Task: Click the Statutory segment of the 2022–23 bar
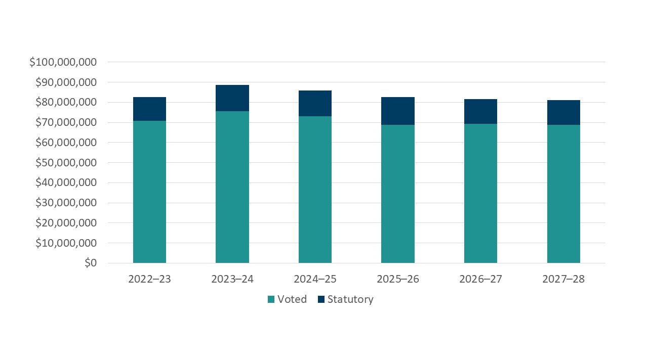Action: [x=149, y=109]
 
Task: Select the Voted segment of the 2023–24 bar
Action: [x=232, y=187]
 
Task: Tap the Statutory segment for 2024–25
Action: [x=315, y=103]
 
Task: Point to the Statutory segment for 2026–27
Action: [x=480, y=111]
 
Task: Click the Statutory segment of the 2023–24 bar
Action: [x=232, y=98]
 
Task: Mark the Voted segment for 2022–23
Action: [x=149, y=192]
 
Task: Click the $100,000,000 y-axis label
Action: [x=63, y=62]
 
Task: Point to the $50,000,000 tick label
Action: [x=65, y=163]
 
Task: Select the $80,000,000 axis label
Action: [x=65, y=103]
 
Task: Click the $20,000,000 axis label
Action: [x=65, y=223]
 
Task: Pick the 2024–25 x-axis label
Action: [x=315, y=279]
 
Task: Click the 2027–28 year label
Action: [x=563, y=279]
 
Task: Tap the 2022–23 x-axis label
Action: [x=149, y=279]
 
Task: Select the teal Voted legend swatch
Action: [x=271, y=299]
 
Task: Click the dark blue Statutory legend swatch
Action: [x=321, y=299]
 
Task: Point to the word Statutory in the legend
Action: [x=350, y=299]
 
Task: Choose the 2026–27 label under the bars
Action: [x=480, y=279]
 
